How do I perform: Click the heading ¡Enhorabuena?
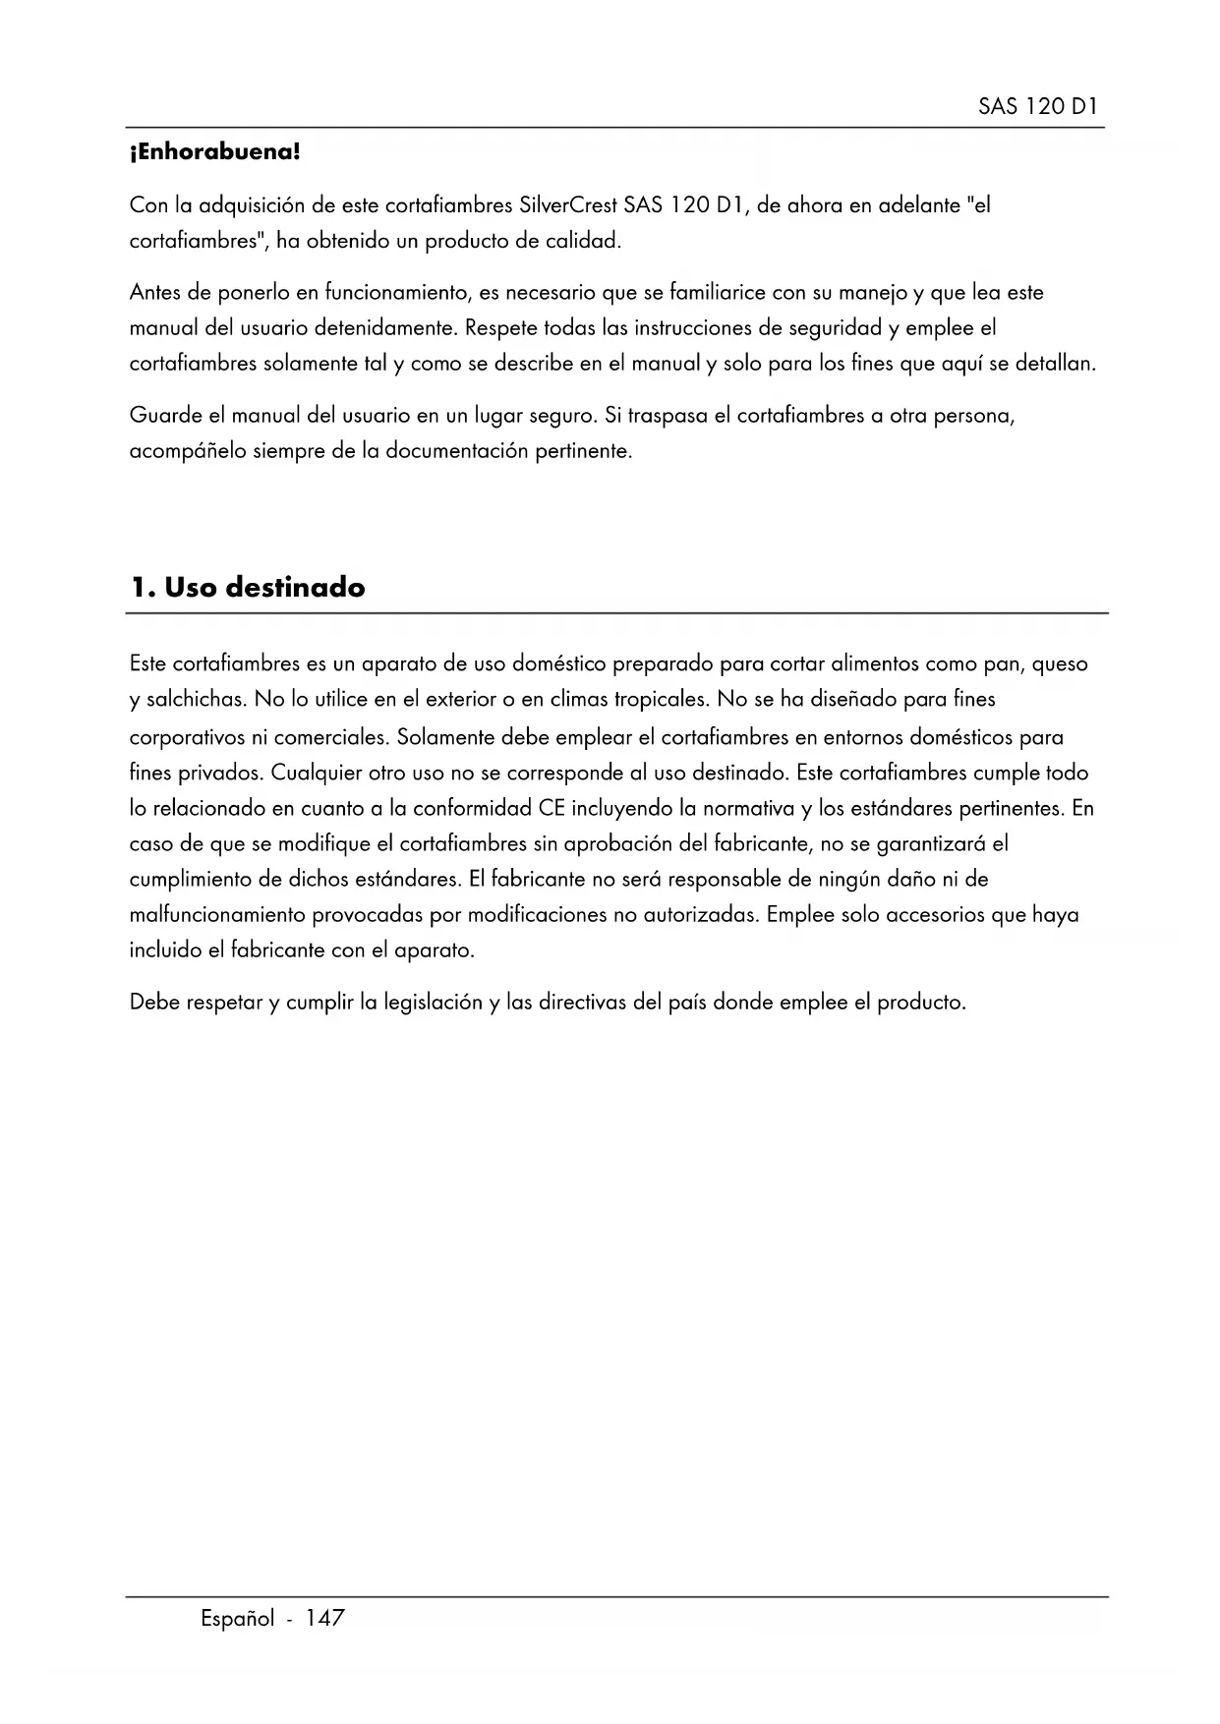pos(214,153)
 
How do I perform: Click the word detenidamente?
pos(385,328)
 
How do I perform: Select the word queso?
pos(1060,664)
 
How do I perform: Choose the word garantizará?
pos(931,844)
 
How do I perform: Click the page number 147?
pos(324,1619)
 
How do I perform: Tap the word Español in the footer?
pos(237,1619)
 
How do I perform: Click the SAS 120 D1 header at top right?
pos(1038,107)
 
